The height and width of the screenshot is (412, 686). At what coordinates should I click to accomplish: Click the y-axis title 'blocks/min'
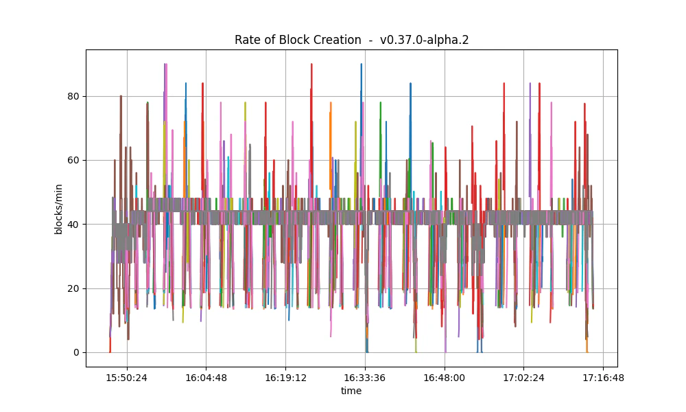59,207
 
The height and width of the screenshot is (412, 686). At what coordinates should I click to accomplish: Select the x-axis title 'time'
351,391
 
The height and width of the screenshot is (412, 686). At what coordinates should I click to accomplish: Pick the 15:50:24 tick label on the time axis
126,377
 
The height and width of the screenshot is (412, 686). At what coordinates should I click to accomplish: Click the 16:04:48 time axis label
206,377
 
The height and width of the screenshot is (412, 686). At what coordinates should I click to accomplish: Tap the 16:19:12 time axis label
285,377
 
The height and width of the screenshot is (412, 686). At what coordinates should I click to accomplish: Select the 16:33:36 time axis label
365,377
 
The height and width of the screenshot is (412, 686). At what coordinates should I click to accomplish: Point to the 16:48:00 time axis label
445,377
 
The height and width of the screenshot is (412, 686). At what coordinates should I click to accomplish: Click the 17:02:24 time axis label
524,377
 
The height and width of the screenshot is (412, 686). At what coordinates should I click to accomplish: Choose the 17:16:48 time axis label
603,377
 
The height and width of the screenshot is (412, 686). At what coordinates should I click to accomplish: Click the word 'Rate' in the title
248,40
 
